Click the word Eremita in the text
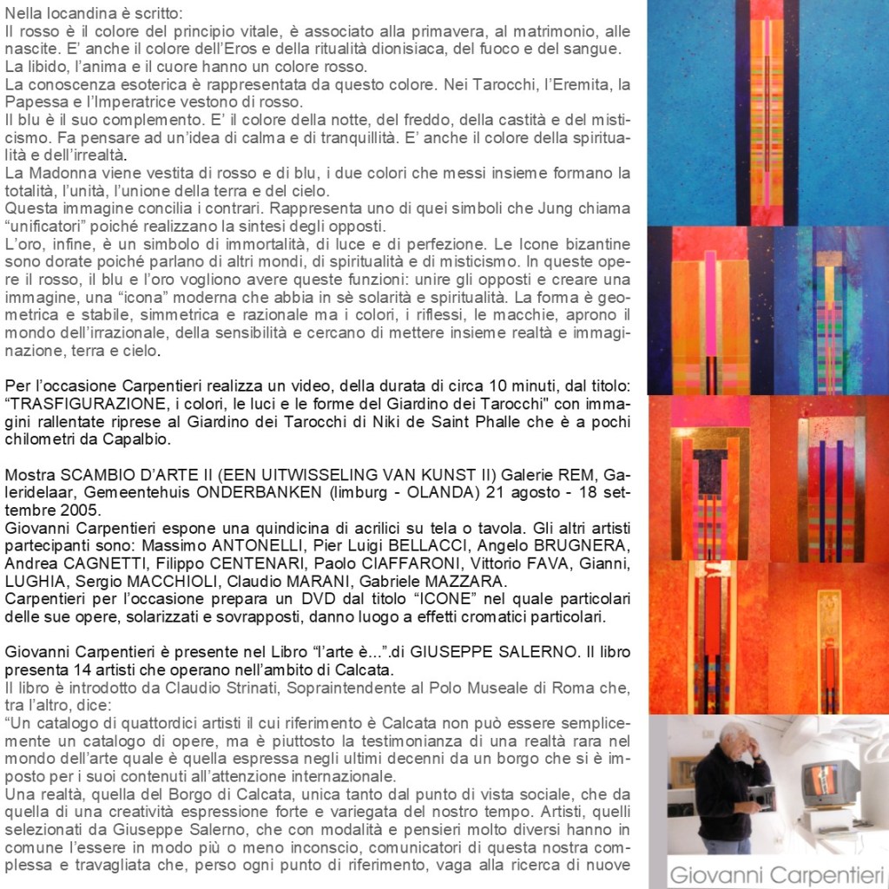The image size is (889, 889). click(x=581, y=85)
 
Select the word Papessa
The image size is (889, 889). click(x=32, y=102)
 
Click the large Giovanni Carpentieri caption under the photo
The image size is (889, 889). click(x=776, y=872)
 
